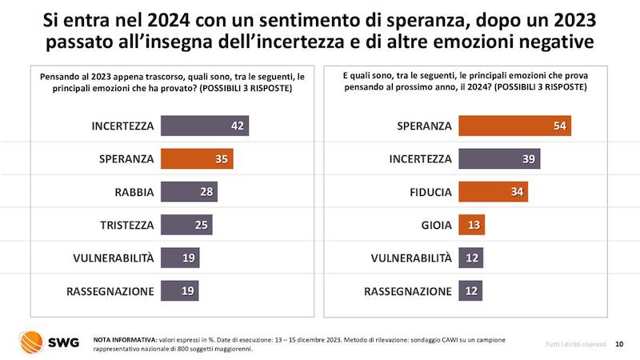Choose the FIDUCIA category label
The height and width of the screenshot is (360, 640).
click(426, 192)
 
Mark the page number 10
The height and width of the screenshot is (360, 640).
click(619, 343)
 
